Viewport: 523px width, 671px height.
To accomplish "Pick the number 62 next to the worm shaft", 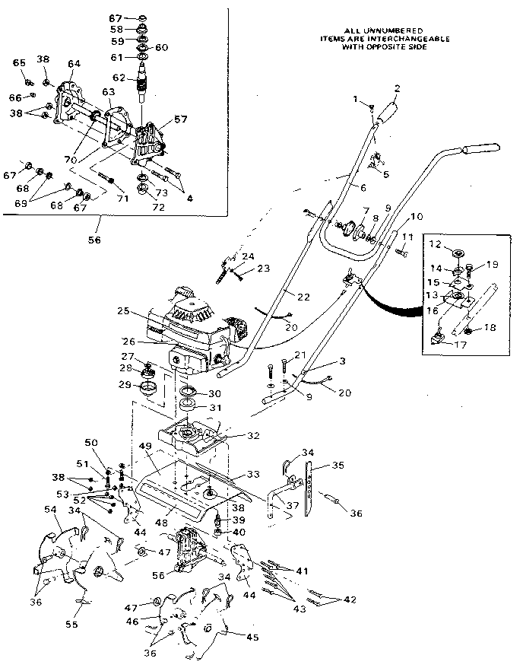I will (x=119, y=77).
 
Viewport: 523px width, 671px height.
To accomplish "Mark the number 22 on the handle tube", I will (x=284, y=296).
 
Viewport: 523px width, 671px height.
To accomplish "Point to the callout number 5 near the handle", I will (x=386, y=175).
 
